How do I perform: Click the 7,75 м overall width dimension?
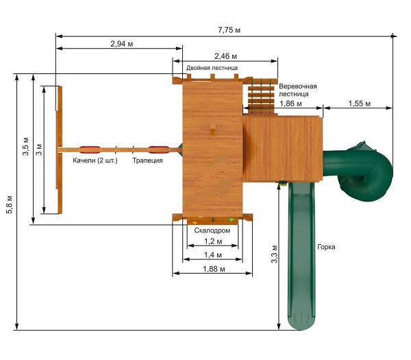(x=229, y=30)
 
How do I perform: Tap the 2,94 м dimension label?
(x=122, y=44)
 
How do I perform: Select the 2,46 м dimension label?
(x=225, y=56)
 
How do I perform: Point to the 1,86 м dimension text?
(x=290, y=104)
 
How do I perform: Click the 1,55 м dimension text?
(x=360, y=104)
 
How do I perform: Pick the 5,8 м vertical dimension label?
(x=10, y=204)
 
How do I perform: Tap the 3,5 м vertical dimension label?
(x=26, y=146)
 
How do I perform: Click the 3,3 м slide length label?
(x=275, y=254)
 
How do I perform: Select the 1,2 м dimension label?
(x=213, y=241)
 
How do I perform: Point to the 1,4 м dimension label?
(x=213, y=255)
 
